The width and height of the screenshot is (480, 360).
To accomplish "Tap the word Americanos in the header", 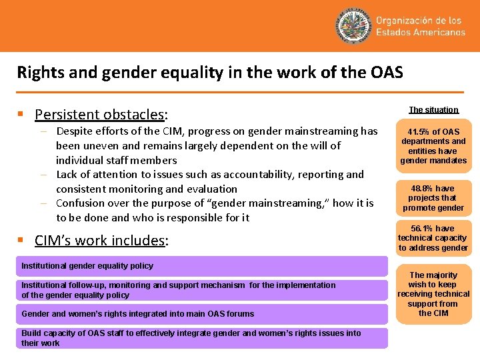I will click(x=438, y=32).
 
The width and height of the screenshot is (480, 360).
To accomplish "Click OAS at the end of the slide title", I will click(x=387, y=71).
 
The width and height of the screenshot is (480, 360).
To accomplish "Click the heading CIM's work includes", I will click(x=101, y=240).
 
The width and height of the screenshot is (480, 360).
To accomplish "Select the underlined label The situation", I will click(x=433, y=109).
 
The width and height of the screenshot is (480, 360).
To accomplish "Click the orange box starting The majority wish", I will click(x=433, y=294).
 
